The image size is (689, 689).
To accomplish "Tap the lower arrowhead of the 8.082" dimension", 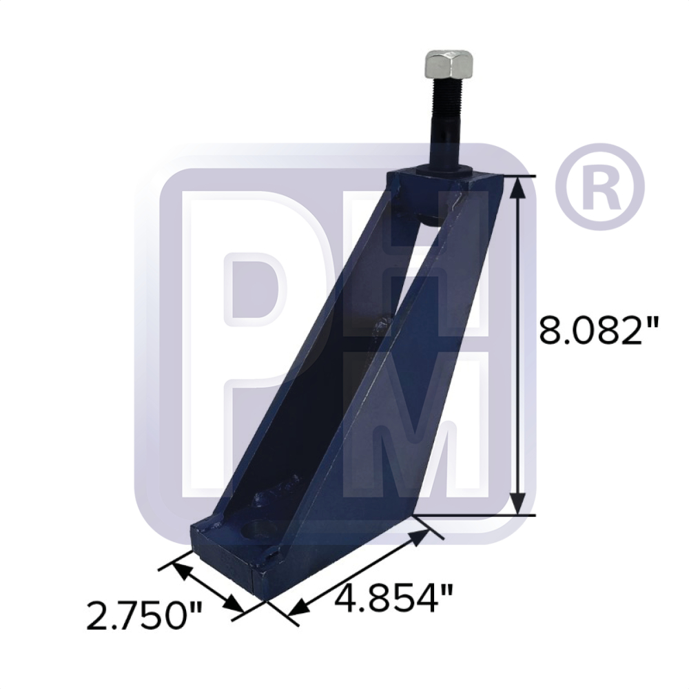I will pos(520,502).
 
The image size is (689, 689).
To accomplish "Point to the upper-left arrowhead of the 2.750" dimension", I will pos(181,569).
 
